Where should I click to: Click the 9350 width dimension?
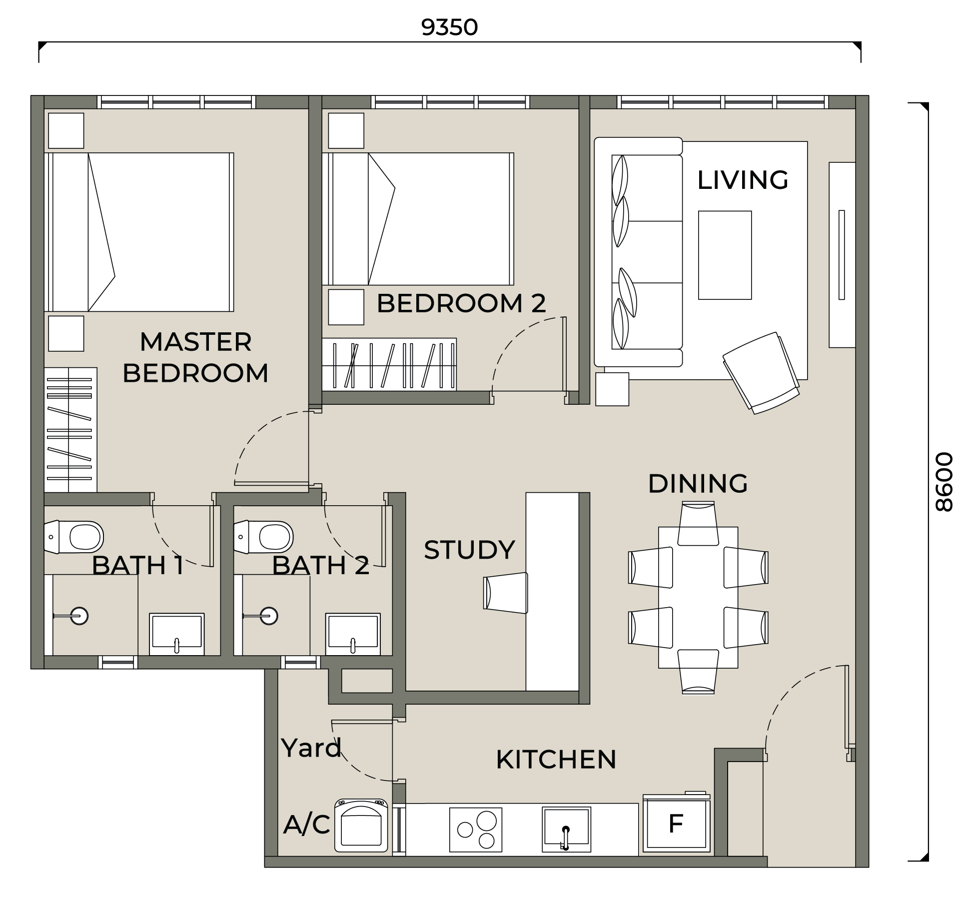click(449, 27)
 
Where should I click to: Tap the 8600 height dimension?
click(944, 482)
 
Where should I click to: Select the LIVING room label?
click(743, 180)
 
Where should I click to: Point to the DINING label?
click(698, 483)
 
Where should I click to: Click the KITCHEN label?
click(556, 760)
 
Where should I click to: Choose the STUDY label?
click(469, 550)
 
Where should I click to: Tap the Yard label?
click(311, 748)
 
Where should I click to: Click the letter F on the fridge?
click(676, 824)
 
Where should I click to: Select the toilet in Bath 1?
click(74, 537)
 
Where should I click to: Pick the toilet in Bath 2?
click(263, 537)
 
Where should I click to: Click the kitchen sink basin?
click(567, 829)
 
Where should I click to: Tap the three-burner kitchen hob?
click(476, 830)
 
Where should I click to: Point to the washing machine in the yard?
click(361, 825)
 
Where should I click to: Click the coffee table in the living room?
click(725, 255)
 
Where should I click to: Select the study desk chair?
click(505, 593)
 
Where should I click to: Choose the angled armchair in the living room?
click(761, 373)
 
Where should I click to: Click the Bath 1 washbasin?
click(177, 634)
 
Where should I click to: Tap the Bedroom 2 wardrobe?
click(389, 364)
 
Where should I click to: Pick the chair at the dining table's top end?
click(698, 524)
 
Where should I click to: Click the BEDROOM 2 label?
click(461, 303)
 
